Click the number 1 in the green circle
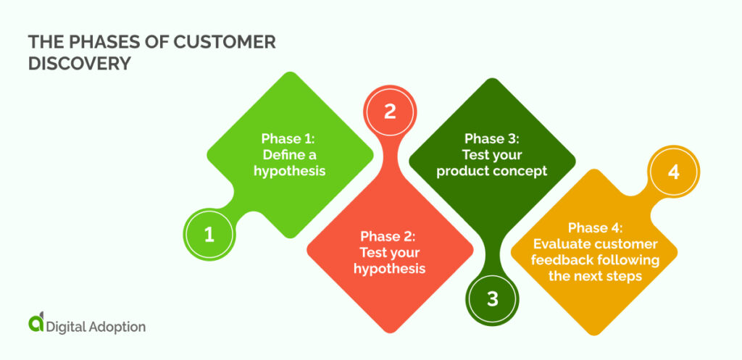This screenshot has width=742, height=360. [x=209, y=235]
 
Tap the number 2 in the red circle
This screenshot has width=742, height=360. [x=390, y=112]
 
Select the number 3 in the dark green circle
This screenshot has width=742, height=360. [x=492, y=298]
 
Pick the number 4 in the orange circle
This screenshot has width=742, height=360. [x=673, y=172]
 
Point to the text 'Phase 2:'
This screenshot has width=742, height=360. [x=389, y=236]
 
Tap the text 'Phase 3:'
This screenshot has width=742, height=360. [x=493, y=138]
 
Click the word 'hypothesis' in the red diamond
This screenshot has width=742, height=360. [x=389, y=269]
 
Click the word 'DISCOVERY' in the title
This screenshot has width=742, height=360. [x=80, y=63]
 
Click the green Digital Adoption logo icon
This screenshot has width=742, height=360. [x=35, y=325]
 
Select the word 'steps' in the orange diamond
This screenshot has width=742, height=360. [x=626, y=276]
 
